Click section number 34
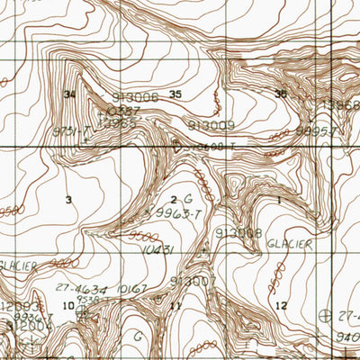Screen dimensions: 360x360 [68, 94]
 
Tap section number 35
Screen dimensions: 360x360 [175, 94]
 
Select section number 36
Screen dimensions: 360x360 [281, 94]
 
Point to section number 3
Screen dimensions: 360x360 [68, 200]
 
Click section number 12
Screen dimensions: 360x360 [282, 306]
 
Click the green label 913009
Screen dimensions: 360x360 [211, 125]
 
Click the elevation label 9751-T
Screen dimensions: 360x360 [72, 131]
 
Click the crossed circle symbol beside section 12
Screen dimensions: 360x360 [326, 315]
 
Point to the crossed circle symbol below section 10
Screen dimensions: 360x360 [83, 313]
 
